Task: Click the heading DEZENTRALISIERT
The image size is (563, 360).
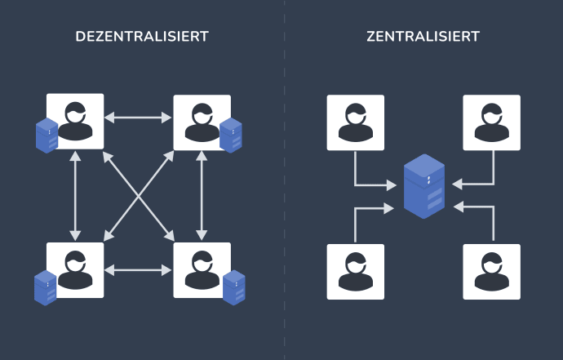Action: point(142,37)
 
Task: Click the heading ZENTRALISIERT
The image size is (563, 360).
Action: point(423,37)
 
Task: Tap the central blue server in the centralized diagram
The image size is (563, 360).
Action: point(424,187)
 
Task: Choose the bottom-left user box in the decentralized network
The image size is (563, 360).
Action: point(76,269)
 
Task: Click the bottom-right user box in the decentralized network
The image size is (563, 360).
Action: point(201,269)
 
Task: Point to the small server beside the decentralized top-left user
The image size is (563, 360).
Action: point(47,136)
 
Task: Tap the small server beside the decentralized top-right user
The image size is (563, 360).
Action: point(231,135)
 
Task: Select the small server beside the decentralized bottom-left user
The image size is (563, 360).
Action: point(45,287)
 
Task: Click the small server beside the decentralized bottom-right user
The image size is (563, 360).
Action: point(234,287)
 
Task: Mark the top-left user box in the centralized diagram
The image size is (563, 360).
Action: point(356,122)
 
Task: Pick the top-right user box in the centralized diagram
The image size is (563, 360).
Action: point(492,122)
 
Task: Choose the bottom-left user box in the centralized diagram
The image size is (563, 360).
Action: point(356,271)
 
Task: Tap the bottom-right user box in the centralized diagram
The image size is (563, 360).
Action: point(492,271)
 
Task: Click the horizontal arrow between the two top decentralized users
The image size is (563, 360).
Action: point(139,118)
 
